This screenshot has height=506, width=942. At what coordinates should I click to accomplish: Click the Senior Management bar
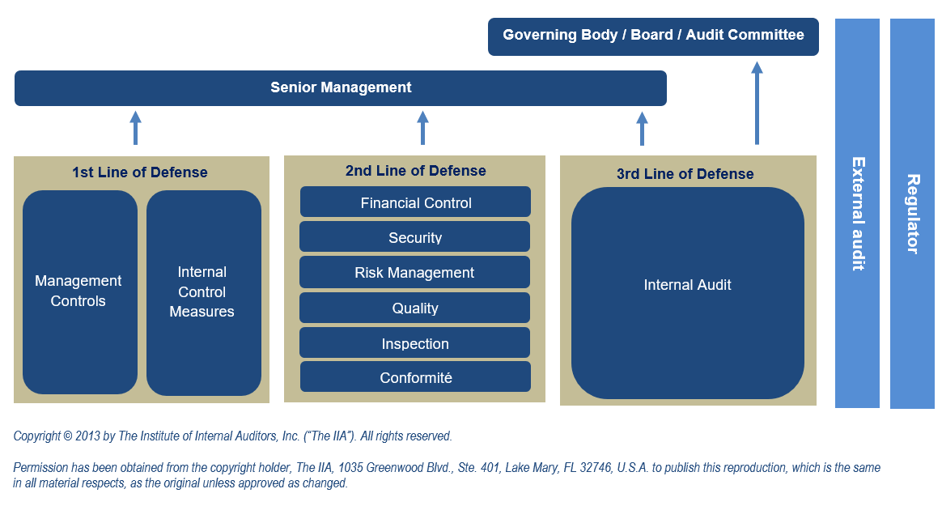[341, 88]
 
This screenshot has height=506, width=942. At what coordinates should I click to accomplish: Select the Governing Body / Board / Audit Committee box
[653, 36]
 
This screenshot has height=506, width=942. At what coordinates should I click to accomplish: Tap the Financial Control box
[415, 202]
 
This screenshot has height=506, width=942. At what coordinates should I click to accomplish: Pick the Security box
[414, 236]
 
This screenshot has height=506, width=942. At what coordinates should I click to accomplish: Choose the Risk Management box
[414, 272]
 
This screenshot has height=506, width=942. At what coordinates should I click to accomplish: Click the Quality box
[414, 308]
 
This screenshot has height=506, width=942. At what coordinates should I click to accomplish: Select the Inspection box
[414, 342]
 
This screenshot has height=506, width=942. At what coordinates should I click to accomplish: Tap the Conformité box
[415, 376]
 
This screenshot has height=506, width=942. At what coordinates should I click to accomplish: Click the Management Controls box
[80, 292]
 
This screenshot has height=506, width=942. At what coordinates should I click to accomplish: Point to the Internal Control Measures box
[204, 292]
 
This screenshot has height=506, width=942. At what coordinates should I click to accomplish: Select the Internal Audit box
[688, 292]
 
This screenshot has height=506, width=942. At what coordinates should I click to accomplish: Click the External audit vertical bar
[857, 214]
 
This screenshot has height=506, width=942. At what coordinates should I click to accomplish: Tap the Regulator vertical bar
[912, 214]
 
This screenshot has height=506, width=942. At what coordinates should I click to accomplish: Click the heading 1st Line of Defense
[140, 172]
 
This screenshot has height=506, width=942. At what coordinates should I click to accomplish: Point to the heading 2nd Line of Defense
[416, 171]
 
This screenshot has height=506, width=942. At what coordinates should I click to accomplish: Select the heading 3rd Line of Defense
[685, 174]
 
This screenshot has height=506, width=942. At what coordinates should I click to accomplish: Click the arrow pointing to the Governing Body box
[757, 103]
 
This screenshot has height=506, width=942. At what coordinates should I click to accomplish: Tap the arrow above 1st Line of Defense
[136, 128]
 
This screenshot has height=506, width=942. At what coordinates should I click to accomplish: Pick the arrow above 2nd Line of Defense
[423, 128]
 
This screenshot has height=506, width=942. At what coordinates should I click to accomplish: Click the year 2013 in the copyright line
[87, 436]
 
